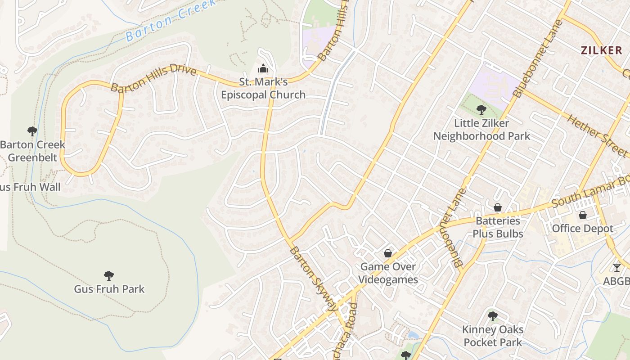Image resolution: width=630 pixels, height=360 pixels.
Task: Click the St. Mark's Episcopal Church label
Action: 263,88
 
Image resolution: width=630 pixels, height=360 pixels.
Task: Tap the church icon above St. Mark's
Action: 263,68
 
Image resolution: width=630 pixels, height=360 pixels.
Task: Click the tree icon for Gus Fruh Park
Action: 108,275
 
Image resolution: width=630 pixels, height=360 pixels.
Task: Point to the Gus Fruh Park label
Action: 109,289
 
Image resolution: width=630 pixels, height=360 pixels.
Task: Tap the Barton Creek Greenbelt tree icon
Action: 32,131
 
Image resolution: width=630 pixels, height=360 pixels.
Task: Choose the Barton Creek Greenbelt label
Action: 32,151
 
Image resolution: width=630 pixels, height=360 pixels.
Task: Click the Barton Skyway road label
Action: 313,279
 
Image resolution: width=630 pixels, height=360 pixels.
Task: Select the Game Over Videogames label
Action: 388,273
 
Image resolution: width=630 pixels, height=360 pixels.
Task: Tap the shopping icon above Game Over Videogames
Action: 388,254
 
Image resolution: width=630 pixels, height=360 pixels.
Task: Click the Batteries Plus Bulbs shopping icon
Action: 498,207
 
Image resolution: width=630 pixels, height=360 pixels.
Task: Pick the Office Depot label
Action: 582,229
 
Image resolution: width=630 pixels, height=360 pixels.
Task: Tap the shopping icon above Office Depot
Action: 583,215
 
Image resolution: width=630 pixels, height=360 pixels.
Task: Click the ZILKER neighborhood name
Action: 601,50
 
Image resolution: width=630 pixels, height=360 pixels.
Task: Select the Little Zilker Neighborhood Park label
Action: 481,130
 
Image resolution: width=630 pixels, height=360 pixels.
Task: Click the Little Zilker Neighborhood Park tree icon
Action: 481,109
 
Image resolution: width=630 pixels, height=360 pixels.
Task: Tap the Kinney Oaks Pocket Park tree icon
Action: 493,316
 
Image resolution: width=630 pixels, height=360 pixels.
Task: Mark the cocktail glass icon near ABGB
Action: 616,268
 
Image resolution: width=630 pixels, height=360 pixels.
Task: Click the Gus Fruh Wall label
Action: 30,187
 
